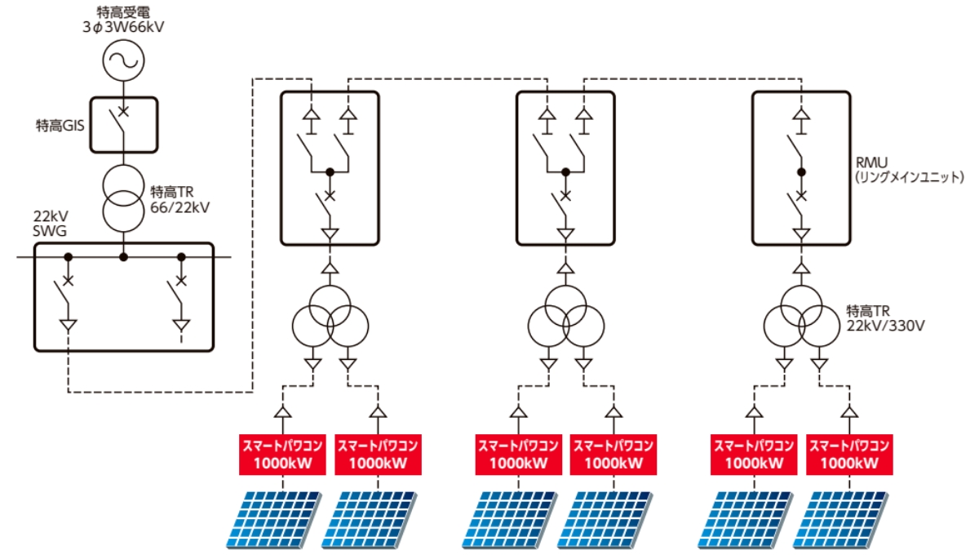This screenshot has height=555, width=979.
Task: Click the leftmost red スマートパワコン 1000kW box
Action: tap(281, 455)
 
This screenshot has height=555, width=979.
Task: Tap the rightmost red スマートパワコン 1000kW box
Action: tap(848, 455)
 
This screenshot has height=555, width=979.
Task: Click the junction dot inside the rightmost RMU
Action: tap(802, 172)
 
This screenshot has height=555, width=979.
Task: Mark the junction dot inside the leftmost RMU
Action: tap(330, 172)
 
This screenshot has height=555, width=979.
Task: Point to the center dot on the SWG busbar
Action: tap(123, 257)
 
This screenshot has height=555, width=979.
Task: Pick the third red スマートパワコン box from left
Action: tap(516, 455)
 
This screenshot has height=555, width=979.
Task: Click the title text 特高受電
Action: tap(122, 11)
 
